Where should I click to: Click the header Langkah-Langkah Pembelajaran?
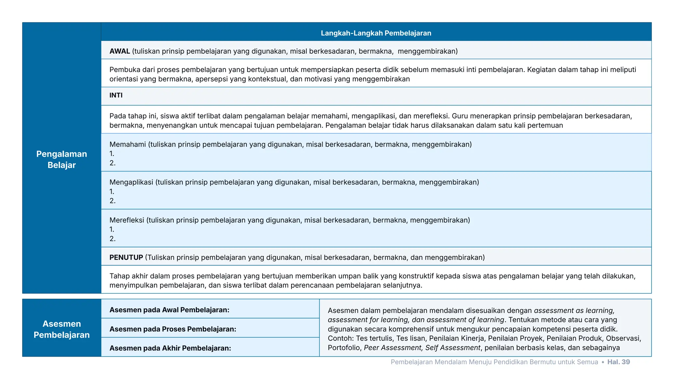click(x=376, y=33)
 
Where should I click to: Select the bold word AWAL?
click(x=119, y=51)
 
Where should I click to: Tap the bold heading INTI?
click(x=116, y=95)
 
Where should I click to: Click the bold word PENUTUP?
click(x=126, y=257)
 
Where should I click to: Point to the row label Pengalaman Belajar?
click(x=62, y=159)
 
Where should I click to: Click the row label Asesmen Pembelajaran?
click(x=62, y=329)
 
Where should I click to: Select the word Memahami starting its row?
click(x=127, y=144)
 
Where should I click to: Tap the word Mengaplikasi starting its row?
click(x=131, y=182)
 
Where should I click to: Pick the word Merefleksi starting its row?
click(x=127, y=220)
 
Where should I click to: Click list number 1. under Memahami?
click(x=112, y=154)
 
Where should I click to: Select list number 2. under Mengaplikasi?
click(x=112, y=201)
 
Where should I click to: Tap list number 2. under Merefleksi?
click(x=112, y=239)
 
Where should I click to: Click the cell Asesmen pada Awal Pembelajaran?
click(x=169, y=310)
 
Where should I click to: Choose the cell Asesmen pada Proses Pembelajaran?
click(x=173, y=329)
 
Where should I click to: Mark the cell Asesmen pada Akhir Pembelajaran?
click(x=170, y=348)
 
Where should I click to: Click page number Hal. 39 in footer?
click(x=618, y=362)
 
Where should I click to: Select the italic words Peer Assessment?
click(x=392, y=347)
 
